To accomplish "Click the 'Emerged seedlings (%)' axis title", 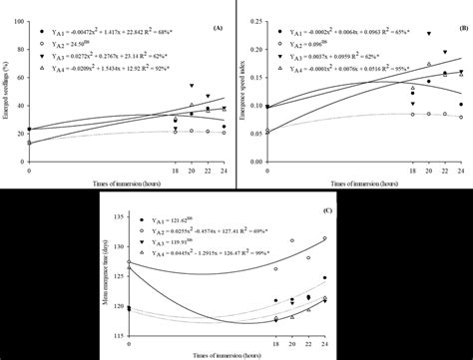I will coord(7,90).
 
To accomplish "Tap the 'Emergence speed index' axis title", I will coord(244,90).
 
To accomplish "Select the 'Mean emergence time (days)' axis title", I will coord(103,269).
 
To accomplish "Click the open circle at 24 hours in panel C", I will coord(324,238).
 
